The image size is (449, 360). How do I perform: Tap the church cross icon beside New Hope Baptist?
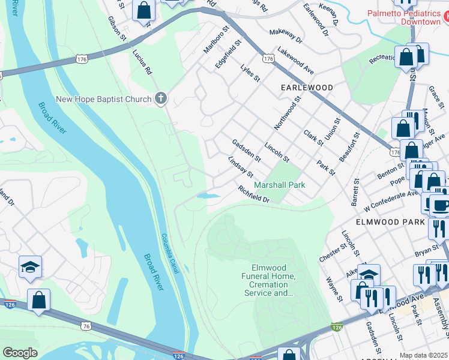160,98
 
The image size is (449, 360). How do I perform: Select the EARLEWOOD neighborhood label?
307,88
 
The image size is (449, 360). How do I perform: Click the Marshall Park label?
280,185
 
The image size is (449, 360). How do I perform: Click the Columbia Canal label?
170,252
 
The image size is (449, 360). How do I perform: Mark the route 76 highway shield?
86,325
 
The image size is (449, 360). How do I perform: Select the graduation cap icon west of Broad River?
30,268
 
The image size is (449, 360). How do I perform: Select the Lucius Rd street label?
142,61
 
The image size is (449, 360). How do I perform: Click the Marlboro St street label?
217,40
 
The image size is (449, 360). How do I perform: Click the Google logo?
20,353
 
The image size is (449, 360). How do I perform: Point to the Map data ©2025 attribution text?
423,355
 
